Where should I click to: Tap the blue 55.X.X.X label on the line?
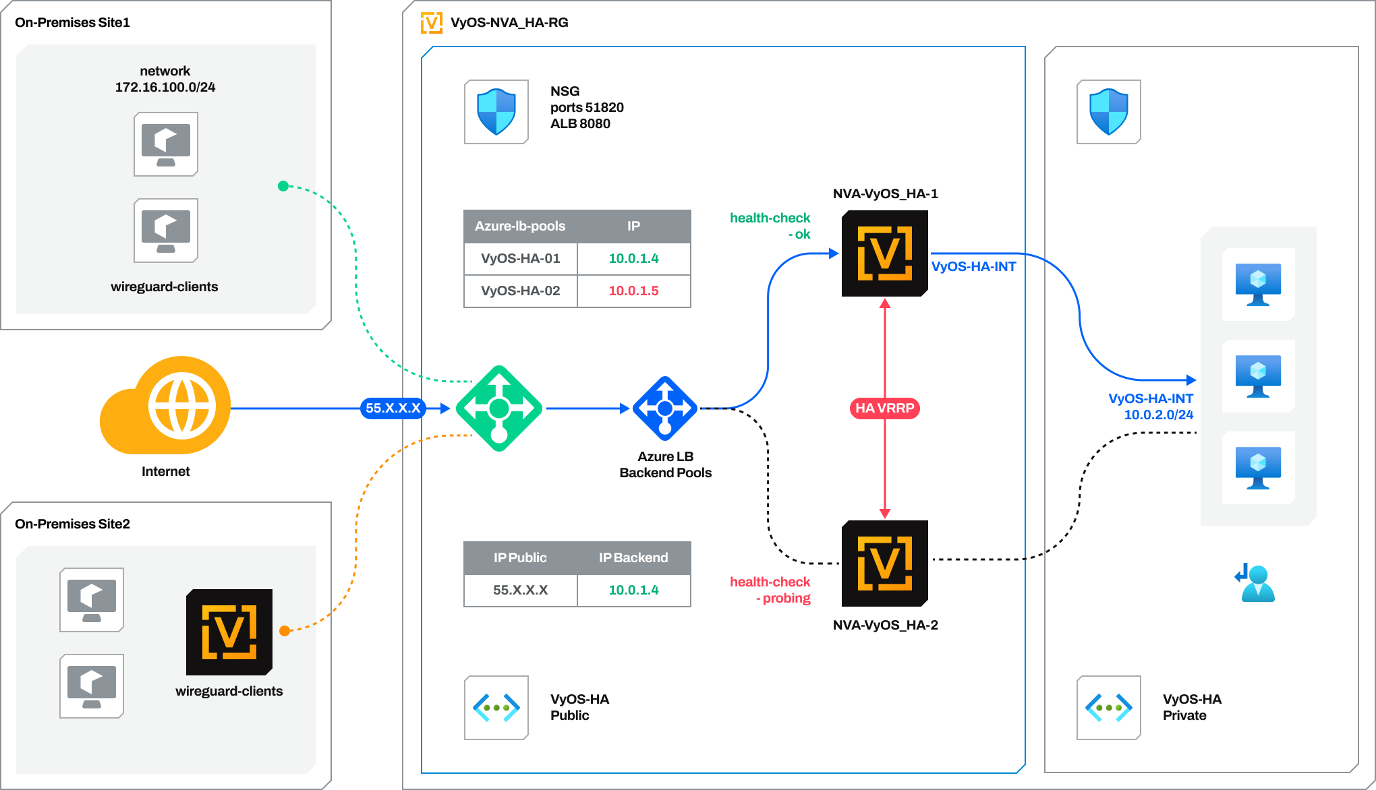click(x=393, y=408)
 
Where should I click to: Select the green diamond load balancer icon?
click(x=499, y=408)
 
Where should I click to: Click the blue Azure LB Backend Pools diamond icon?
click(x=665, y=408)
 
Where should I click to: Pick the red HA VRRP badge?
click(x=884, y=408)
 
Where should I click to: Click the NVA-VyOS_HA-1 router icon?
click(x=884, y=253)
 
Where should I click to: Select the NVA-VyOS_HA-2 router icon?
click(x=884, y=564)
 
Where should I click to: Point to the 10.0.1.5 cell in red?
click(x=633, y=291)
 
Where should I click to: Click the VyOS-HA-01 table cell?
click(x=520, y=259)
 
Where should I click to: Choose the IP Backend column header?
click(x=633, y=558)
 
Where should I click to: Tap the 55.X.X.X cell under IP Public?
click(x=520, y=590)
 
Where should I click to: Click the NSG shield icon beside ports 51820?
click(x=496, y=112)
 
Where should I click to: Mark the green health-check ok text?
click(x=770, y=226)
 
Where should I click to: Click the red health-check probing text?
click(x=770, y=590)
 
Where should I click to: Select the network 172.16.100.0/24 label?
click(x=165, y=79)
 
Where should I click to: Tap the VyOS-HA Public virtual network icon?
click(x=496, y=708)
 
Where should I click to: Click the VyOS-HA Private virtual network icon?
click(x=1109, y=708)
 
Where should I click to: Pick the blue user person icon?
click(x=1256, y=583)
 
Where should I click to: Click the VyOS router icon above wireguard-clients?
click(x=229, y=632)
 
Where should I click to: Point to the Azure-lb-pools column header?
click(x=520, y=226)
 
